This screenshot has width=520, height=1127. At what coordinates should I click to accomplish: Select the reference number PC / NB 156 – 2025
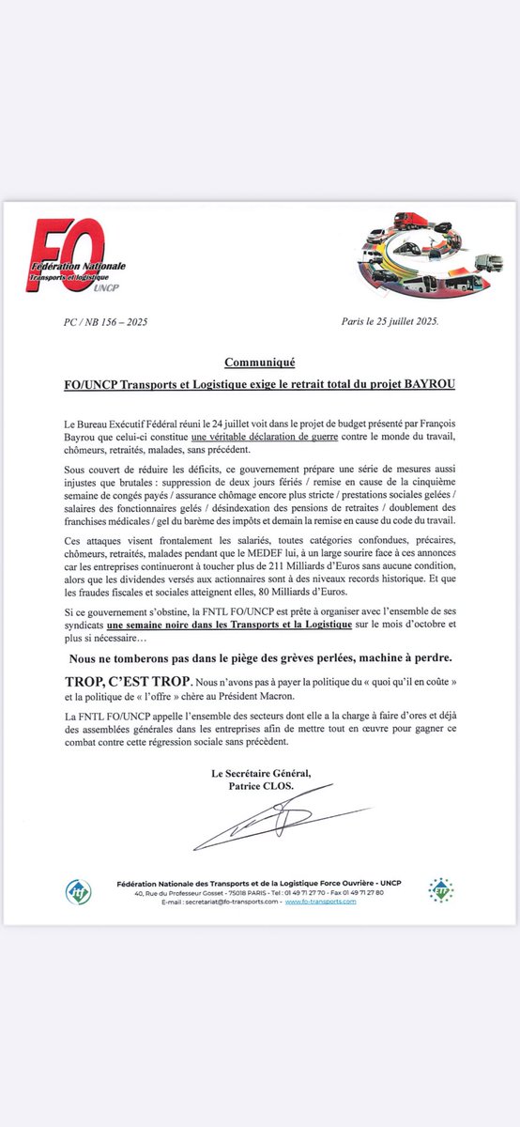click(x=99, y=322)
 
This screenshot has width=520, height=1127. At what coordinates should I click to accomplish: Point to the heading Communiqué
click(x=259, y=362)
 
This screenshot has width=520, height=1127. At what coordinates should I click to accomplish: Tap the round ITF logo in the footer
click(x=78, y=891)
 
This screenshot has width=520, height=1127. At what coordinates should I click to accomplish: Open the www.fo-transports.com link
click(x=321, y=902)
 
